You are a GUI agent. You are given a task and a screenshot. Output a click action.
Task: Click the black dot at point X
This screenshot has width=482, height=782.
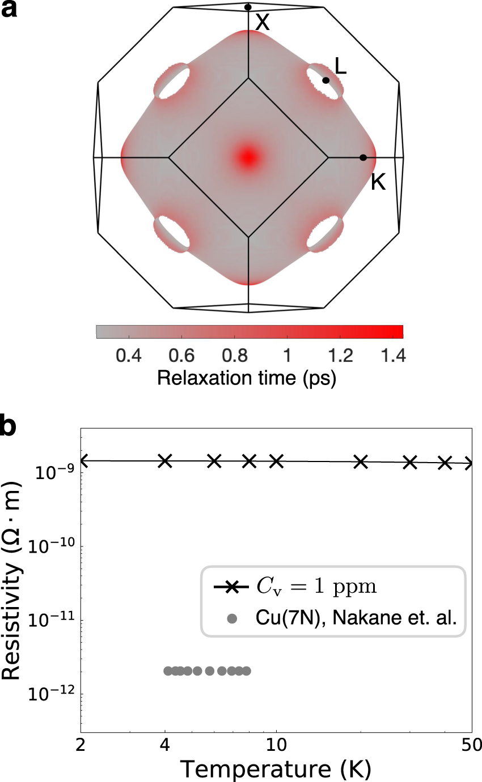tap(248, 7)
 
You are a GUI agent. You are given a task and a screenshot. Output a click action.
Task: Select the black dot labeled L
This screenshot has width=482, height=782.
tap(325, 80)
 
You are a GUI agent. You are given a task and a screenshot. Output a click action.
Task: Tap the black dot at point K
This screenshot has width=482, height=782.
tap(363, 157)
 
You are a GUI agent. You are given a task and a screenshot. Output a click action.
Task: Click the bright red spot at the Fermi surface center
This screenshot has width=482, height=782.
tap(248, 157)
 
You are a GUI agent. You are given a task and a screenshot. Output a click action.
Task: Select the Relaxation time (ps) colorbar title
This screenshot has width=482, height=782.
tap(247, 378)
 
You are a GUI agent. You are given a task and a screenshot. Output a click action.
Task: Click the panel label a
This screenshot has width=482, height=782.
tap(10, 10)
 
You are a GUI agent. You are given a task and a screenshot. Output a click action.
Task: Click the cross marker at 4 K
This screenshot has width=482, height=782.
tap(165, 461)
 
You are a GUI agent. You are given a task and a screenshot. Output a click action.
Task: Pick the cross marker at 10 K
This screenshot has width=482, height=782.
tap(276, 461)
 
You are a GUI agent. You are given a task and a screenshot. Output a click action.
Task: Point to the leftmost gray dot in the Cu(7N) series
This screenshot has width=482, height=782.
tap(168, 671)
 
